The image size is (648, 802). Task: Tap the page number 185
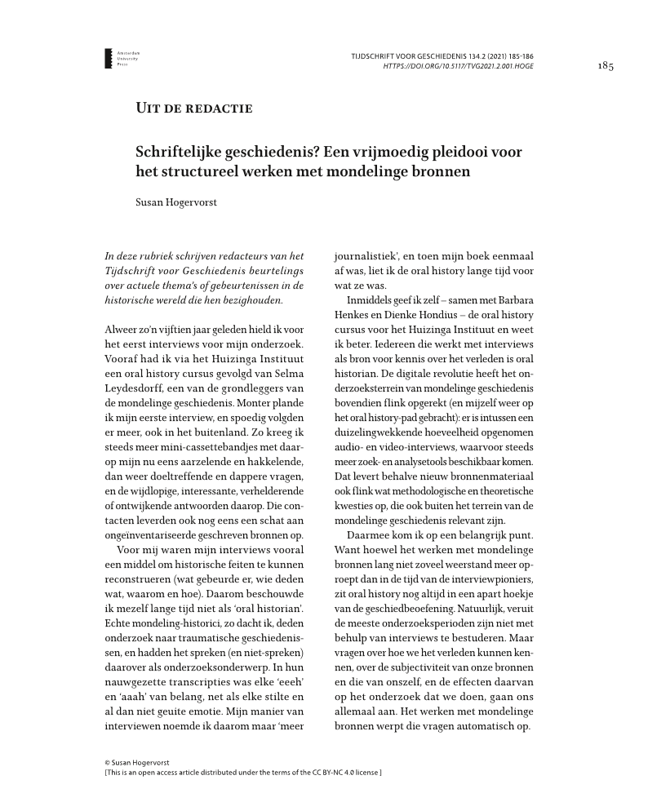605,66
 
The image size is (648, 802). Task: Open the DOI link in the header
459,66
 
